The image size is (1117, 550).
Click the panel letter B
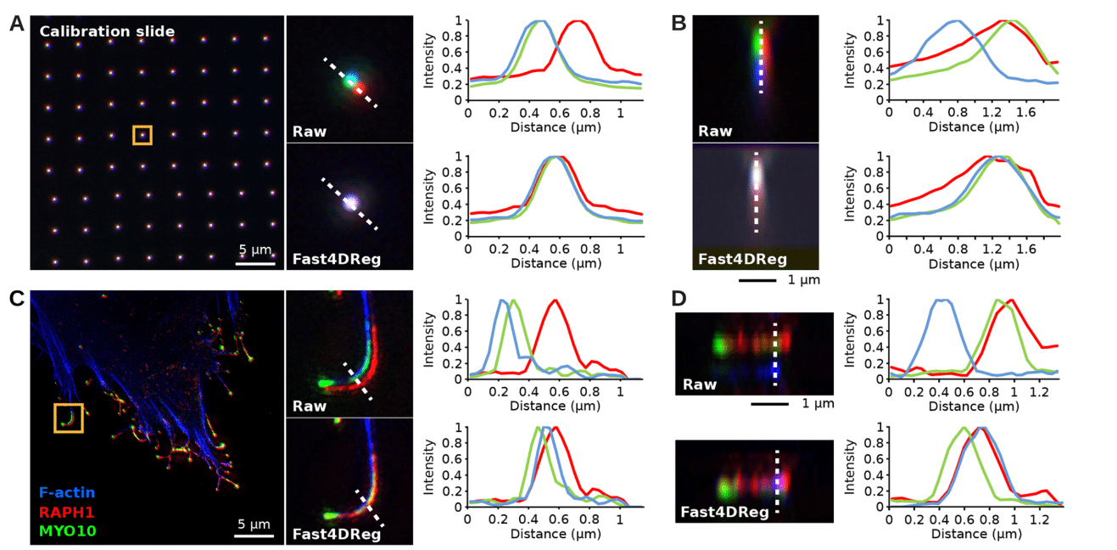[679, 24]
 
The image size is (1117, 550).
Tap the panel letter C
[16, 299]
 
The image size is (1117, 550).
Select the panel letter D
[679, 299]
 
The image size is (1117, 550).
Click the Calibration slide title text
[107, 31]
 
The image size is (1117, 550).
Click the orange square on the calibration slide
[142, 135]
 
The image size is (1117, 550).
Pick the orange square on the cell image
[69, 418]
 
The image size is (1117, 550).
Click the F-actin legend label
[67, 492]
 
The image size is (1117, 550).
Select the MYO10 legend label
[67, 531]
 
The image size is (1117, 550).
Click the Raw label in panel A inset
[310, 132]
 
